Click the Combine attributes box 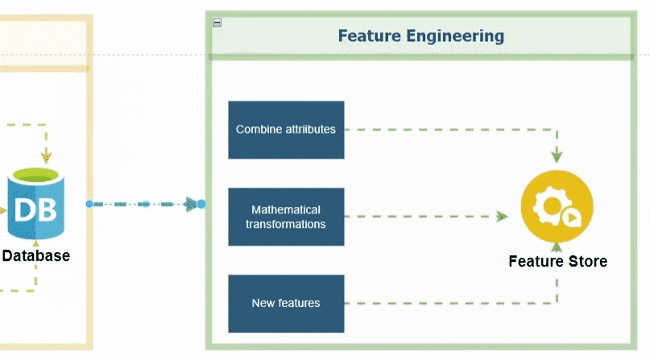click(x=286, y=130)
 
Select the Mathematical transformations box click(x=286, y=217)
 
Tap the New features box click(x=286, y=304)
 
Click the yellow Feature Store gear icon click(x=557, y=206)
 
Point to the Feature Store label click(x=558, y=262)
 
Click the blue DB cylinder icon click(x=36, y=204)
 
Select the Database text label click(x=36, y=255)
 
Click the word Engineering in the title click(x=455, y=36)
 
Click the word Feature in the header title click(x=370, y=35)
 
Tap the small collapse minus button click(x=217, y=23)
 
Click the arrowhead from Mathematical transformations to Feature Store click(x=503, y=217)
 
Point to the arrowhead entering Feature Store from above click(x=557, y=156)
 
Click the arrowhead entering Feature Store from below click(x=557, y=247)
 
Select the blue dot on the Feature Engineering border click(x=201, y=204)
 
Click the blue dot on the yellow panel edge click(x=89, y=204)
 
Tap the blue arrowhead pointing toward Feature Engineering click(x=191, y=204)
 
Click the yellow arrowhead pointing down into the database click(x=46, y=157)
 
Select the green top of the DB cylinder click(x=36, y=176)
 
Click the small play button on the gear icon click(x=572, y=217)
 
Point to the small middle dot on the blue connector click(x=146, y=204)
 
